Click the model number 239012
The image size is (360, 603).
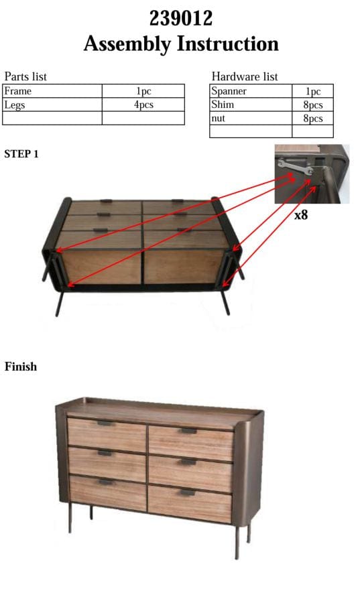(x=181, y=18)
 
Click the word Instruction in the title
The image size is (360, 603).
(x=228, y=44)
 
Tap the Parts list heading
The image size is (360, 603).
(x=25, y=76)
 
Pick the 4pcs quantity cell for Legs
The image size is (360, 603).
(x=143, y=105)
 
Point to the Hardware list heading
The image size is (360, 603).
(x=245, y=76)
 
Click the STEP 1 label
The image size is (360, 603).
(x=21, y=154)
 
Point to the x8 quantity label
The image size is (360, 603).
(x=301, y=214)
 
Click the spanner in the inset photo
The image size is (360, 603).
(x=295, y=167)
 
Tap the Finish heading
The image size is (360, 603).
(x=21, y=366)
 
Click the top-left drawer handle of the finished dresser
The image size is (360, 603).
(x=105, y=423)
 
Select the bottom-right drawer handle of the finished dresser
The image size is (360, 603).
(x=187, y=492)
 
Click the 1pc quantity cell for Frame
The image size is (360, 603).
(x=143, y=91)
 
